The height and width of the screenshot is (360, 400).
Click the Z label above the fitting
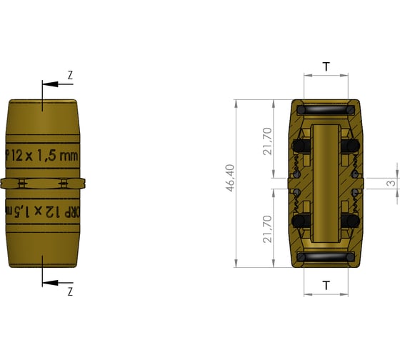[x=70, y=75]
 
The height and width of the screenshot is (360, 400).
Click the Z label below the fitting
[x=70, y=291]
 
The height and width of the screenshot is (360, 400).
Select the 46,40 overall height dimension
[x=230, y=183]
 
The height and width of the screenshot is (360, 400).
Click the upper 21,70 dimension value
[x=266, y=141]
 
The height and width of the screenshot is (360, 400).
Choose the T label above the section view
[x=326, y=67]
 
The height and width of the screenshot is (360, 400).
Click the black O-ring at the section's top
[x=326, y=111]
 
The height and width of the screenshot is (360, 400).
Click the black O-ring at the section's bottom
[x=326, y=256]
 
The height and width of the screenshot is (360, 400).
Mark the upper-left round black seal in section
[x=302, y=146]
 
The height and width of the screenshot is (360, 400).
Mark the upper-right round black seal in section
[x=350, y=146]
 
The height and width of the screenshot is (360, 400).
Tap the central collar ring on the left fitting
[x=43, y=183]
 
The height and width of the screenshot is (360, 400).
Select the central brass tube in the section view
[x=326, y=183]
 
